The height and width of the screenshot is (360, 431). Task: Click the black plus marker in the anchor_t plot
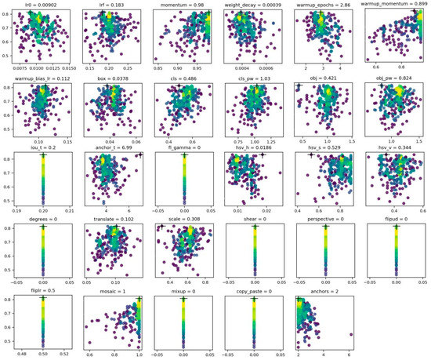(139, 156)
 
